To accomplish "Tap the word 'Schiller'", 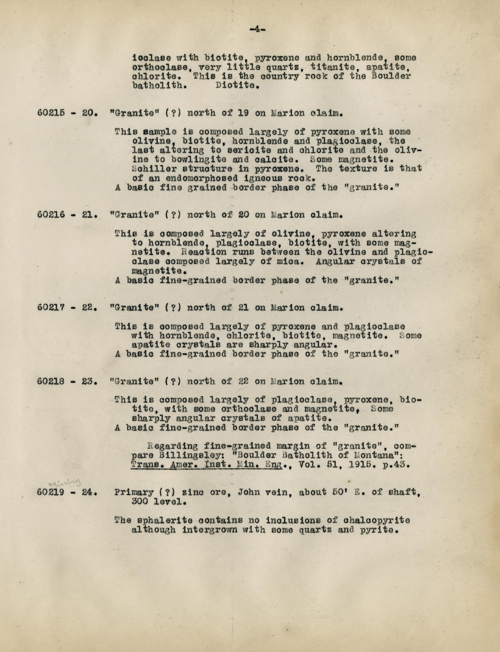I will point(155,169).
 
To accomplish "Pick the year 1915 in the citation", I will point(363,465).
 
